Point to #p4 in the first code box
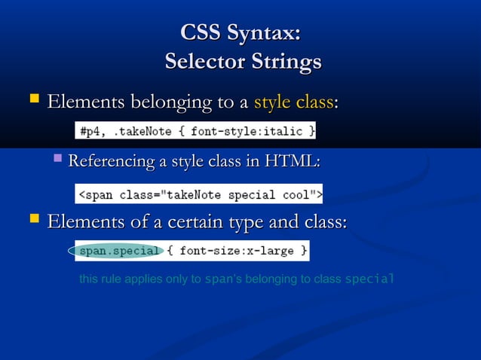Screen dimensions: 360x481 coord(90,131)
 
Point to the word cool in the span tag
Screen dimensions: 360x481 coord(299,194)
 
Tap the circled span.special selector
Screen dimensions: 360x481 coord(120,250)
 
